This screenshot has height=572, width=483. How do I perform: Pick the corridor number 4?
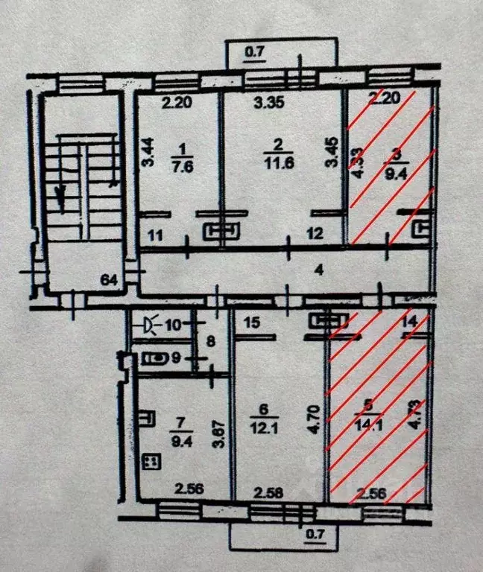coord(318,270)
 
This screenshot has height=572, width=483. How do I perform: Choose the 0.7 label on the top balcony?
coord(256,52)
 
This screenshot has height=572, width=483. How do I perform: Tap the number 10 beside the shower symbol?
coord(174,325)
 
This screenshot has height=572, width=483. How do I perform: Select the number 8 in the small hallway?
coord(211,343)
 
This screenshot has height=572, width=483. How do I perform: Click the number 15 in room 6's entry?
coord(251,322)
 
